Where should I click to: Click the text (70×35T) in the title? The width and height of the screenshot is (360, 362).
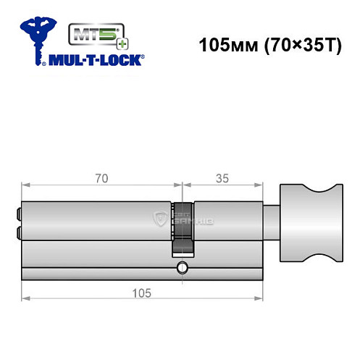pyautogui.click(x=297, y=45)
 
